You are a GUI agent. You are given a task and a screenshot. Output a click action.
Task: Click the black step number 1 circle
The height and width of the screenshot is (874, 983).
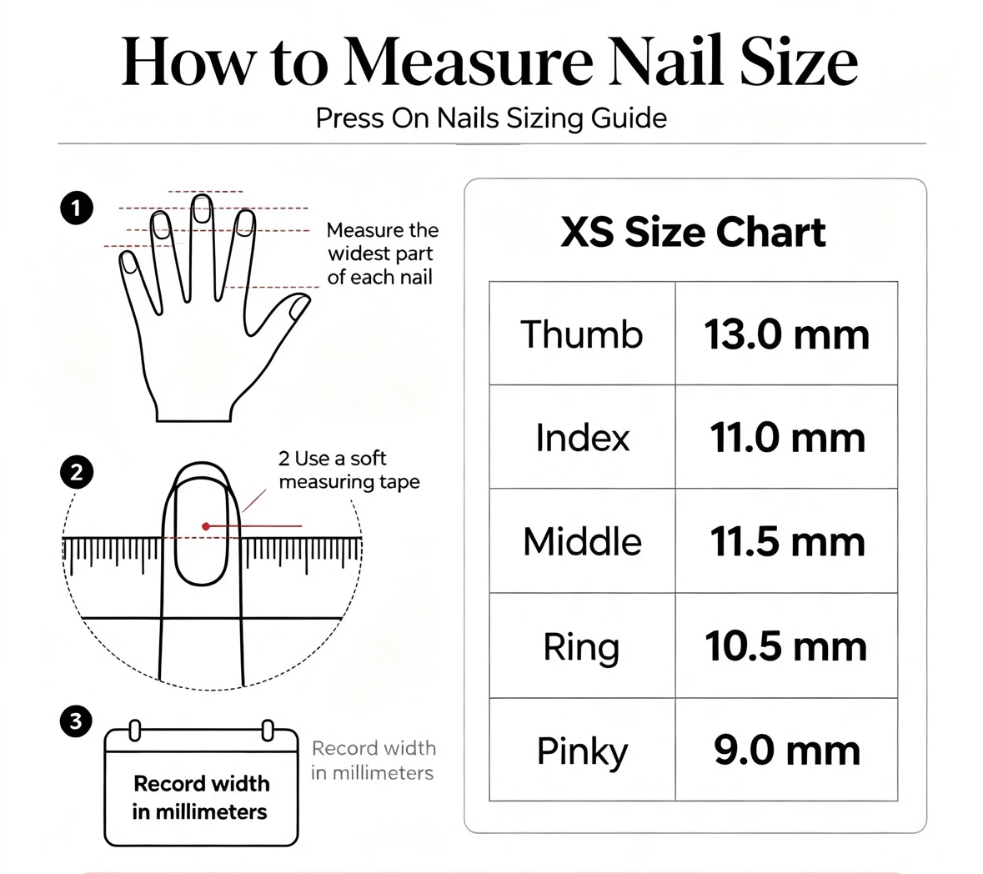pyautogui.click(x=77, y=208)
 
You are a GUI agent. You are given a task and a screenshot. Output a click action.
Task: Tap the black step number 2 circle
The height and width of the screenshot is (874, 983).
pyautogui.click(x=77, y=472)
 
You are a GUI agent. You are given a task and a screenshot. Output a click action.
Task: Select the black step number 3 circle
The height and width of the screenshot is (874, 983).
pyautogui.click(x=76, y=721)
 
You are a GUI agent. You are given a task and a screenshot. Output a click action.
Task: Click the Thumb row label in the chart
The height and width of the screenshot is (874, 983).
pyautogui.click(x=582, y=334)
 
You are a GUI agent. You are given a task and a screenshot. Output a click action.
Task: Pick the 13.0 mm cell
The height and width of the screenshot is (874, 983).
pyautogui.click(x=786, y=334)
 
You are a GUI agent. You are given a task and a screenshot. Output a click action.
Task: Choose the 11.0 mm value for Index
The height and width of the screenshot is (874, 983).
pyautogui.click(x=787, y=438)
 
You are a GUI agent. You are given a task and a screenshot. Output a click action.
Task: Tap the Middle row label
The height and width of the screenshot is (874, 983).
pyautogui.click(x=583, y=541)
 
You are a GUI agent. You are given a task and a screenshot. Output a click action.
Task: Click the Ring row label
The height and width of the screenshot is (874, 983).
pyautogui.click(x=581, y=648)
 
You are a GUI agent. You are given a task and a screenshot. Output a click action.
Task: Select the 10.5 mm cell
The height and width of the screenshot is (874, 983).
pyautogui.click(x=786, y=646)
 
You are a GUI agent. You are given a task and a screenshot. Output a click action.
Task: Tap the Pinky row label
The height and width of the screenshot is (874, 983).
pyautogui.click(x=582, y=751)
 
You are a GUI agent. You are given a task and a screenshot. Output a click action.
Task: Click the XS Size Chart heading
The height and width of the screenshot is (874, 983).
pyautogui.click(x=693, y=233)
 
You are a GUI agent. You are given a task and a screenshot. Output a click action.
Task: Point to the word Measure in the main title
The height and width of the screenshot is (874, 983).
pyautogui.click(x=469, y=63)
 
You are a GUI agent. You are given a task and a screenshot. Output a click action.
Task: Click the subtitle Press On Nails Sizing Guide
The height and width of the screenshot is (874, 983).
pyautogui.click(x=491, y=118)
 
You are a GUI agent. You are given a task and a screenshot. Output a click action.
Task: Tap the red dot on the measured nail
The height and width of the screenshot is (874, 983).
pyautogui.click(x=206, y=526)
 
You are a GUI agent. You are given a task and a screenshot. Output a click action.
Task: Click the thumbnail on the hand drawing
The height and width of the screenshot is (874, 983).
pyautogui.click(x=299, y=307)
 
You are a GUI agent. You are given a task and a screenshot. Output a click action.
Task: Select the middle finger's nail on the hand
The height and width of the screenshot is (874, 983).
pyautogui.click(x=201, y=208)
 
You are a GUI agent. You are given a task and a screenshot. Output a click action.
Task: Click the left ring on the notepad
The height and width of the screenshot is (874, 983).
pyautogui.click(x=133, y=730)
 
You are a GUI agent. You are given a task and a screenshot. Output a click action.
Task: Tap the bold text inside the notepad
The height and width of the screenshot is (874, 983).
pyautogui.click(x=201, y=797)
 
